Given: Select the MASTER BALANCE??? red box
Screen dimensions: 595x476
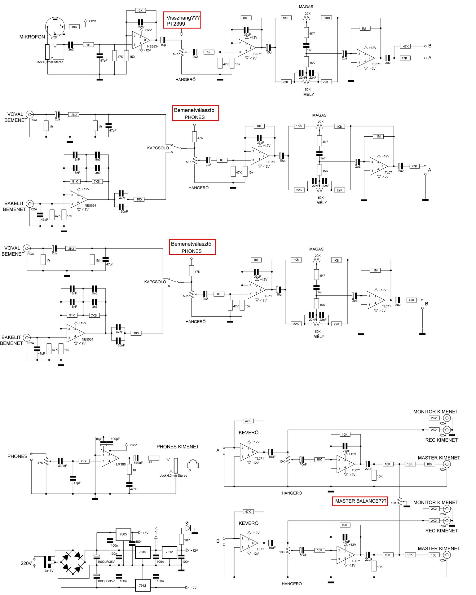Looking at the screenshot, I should [360, 501].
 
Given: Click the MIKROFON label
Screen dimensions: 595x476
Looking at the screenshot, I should [32, 37].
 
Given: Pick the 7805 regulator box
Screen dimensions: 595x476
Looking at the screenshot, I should [123, 534].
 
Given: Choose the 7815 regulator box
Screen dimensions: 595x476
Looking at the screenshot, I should [143, 552].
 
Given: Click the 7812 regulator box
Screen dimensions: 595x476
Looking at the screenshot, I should [169, 552].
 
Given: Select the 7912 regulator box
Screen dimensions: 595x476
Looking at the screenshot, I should [143, 585].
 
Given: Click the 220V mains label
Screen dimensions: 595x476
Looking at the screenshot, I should [26, 563].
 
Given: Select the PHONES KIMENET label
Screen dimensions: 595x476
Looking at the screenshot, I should [178, 447].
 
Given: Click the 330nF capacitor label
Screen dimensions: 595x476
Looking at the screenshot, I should [62, 466].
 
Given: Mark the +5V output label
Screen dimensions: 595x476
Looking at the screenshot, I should [146, 533].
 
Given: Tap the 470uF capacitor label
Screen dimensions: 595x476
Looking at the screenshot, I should [138, 463].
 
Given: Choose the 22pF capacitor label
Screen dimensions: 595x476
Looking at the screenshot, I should [142, 27].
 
